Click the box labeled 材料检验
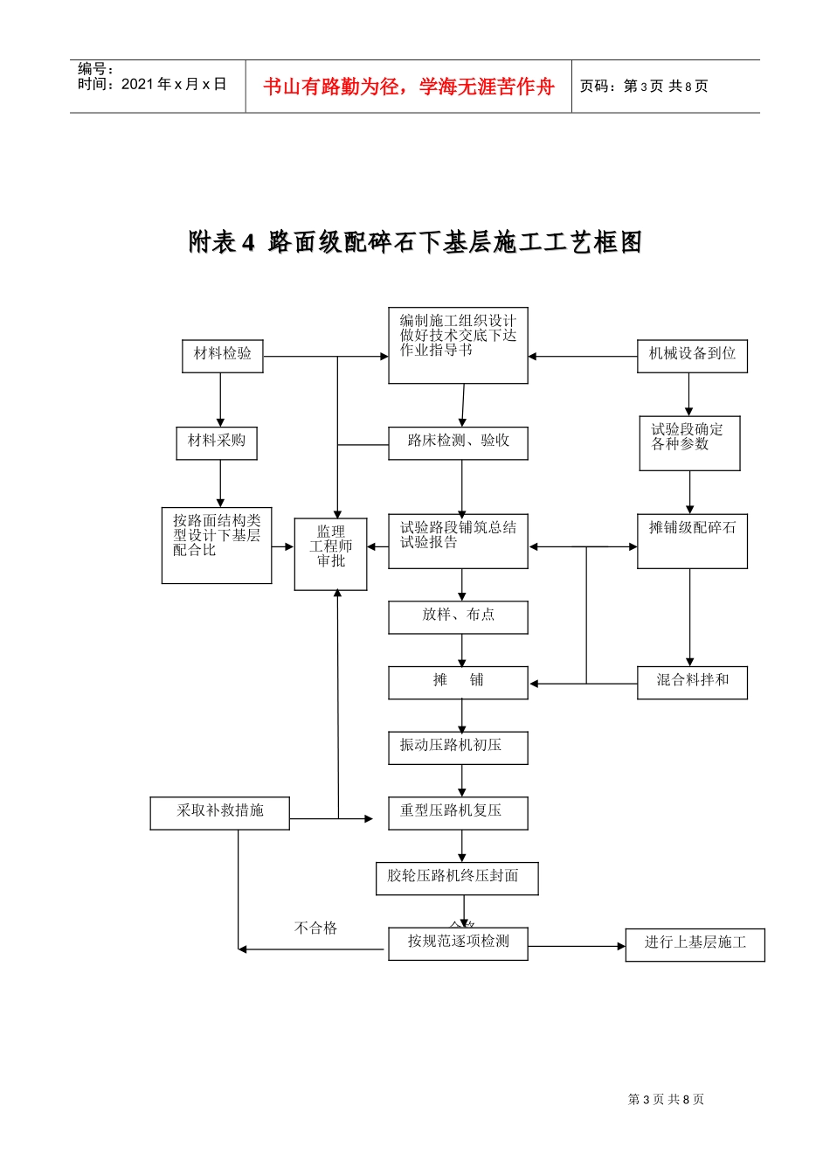222,356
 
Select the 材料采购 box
217,442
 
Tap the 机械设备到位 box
692,356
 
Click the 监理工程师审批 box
330,553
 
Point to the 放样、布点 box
458,616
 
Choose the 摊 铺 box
458,682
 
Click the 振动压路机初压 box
458,747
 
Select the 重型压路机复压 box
458,812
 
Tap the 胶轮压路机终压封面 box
457,878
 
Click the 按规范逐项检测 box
458,943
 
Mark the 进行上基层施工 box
695,944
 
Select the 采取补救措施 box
219,812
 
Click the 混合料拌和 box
692,682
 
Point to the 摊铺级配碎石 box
692,540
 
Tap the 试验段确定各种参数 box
689,442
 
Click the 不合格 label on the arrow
315,928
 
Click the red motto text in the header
409,87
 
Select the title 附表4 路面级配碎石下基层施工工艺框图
415,242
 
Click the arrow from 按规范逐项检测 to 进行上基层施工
577,946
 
